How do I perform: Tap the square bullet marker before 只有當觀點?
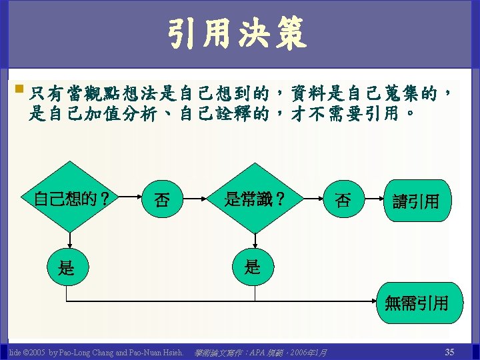click(x=18, y=89)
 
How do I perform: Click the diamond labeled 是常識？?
click(x=255, y=198)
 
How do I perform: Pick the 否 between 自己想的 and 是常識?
click(x=162, y=199)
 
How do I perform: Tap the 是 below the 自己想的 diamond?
click(x=67, y=269)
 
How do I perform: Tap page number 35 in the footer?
click(x=449, y=351)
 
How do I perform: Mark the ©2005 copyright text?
click(x=34, y=351)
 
